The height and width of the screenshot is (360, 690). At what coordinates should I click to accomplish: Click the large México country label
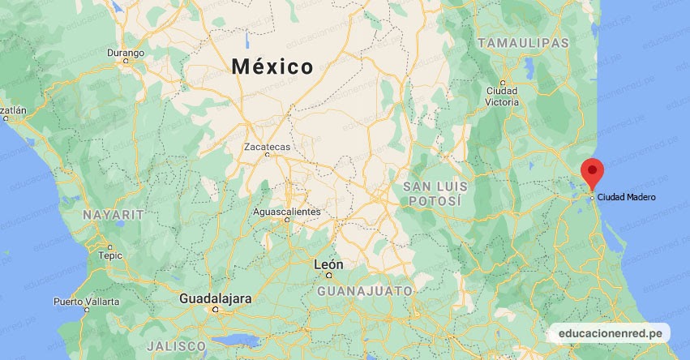click(x=272, y=66)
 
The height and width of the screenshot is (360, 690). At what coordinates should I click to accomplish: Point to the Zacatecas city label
click(x=267, y=147)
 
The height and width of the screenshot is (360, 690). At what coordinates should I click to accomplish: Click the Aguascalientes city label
click(x=286, y=212)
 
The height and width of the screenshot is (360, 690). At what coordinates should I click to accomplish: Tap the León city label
click(x=328, y=265)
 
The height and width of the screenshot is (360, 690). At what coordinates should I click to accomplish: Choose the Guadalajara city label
click(x=215, y=298)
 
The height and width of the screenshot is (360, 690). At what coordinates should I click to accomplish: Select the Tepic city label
click(x=110, y=255)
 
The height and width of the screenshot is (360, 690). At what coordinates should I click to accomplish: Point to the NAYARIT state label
click(x=113, y=215)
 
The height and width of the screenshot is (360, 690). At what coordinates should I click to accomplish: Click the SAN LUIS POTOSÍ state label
click(x=435, y=193)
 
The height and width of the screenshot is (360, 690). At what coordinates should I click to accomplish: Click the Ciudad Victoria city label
click(x=503, y=96)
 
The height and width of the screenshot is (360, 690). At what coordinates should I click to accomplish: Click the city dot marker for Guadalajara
click(x=215, y=310)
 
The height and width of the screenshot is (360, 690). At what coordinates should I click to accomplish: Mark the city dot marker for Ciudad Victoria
click(x=503, y=83)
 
